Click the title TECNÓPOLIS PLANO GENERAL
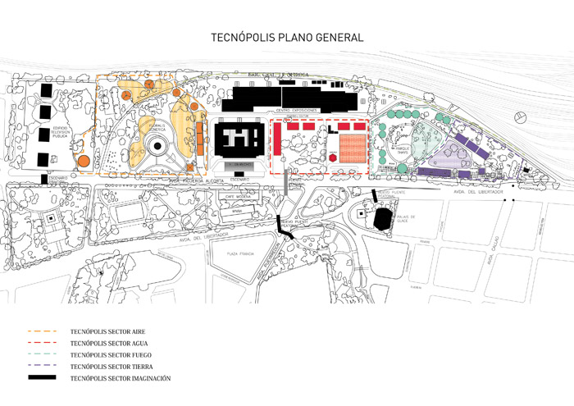[286, 38]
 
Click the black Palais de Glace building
[382, 219]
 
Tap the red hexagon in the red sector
[334, 156]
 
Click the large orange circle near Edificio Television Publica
[84, 162]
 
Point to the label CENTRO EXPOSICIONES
[294, 110]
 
